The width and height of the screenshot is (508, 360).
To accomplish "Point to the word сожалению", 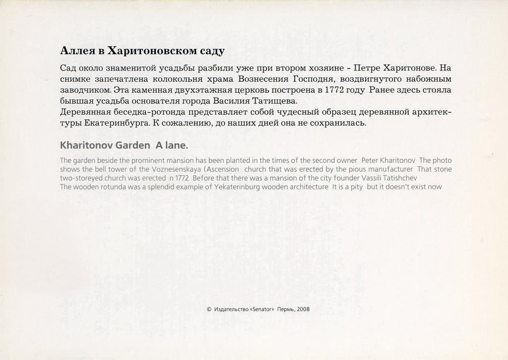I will [189, 123].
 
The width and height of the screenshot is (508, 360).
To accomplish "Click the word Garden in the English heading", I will [132, 145].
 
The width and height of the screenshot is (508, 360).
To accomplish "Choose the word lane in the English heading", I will [178, 145].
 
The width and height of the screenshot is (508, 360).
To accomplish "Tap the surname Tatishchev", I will [400, 178].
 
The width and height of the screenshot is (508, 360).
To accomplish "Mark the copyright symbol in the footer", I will [209, 309].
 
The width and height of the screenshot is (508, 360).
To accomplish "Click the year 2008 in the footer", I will [303, 309].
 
